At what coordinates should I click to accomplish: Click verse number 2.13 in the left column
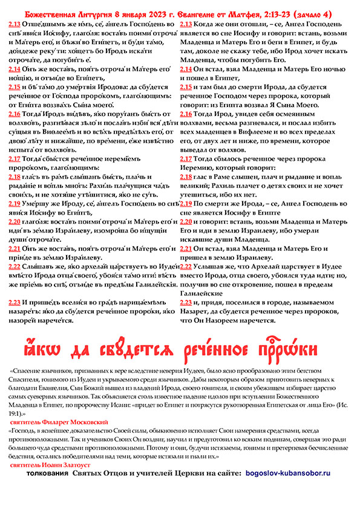13,24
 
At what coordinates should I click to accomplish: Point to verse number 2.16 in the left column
13,114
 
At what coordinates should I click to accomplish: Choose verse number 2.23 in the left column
13,301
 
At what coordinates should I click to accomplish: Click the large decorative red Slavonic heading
179,350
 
